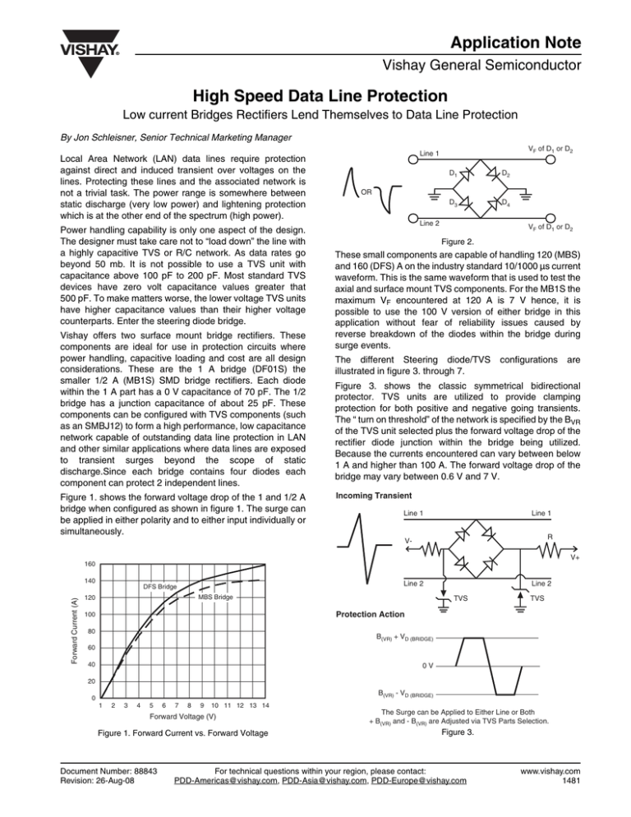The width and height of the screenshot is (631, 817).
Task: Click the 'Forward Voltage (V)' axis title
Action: point(187,723)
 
